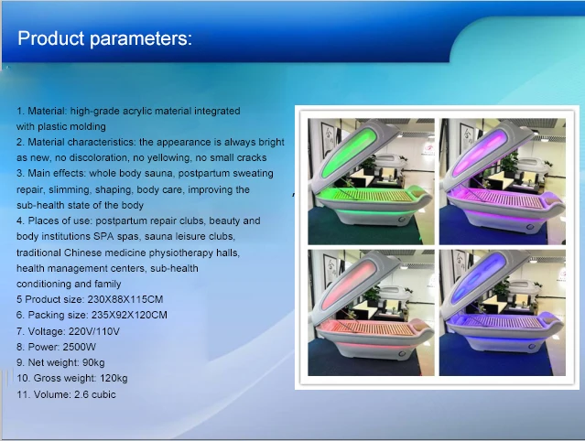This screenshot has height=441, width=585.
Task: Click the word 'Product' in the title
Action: pyautogui.click(x=51, y=38)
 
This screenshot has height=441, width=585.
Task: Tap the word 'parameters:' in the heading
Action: pyautogui.click(x=141, y=38)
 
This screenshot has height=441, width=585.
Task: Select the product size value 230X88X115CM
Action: pyautogui.click(x=125, y=299)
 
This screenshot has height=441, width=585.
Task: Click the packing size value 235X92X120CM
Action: pyautogui.click(x=129, y=315)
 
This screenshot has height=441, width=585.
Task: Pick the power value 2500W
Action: pyautogui.click(x=80, y=347)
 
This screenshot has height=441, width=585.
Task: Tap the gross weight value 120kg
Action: pyautogui.click(x=114, y=379)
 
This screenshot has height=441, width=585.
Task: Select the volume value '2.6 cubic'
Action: pyautogui.click(x=95, y=394)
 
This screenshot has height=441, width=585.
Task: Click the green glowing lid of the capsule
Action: pyautogui.click(x=349, y=153)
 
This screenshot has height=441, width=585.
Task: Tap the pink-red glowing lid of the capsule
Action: pyautogui.click(x=349, y=284)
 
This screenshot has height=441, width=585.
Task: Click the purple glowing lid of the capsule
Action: pyautogui.click(x=480, y=152)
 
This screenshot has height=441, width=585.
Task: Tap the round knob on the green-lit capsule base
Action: pyautogui.click(x=402, y=220)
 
